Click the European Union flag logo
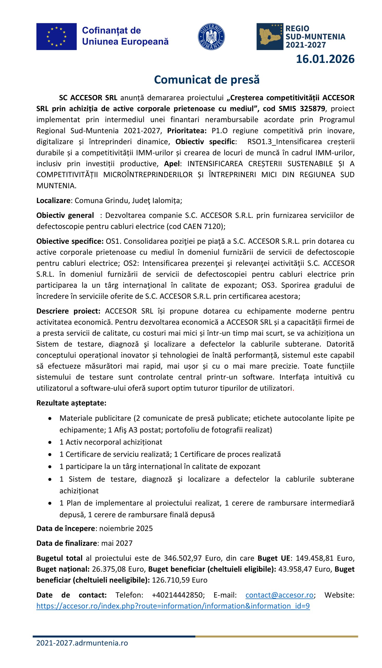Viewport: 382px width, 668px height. [x=56, y=37]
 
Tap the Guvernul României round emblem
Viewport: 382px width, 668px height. [x=211, y=37]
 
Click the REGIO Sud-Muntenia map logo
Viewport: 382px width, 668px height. [x=270, y=37]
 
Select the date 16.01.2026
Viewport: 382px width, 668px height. [x=325, y=59]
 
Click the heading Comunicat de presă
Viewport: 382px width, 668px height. [x=207, y=80]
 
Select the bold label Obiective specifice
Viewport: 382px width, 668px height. [x=70, y=241]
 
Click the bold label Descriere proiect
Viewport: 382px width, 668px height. [x=68, y=311]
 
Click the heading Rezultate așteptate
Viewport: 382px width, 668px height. [x=71, y=403]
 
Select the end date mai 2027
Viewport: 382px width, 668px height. [x=117, y=543]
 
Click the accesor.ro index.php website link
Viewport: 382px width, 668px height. [x=173, y=606]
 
